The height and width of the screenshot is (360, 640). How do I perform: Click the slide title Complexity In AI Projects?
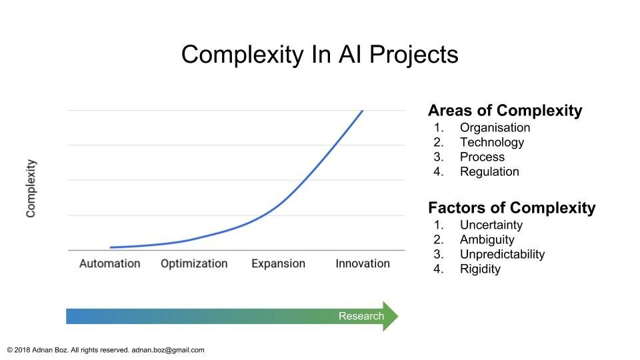319,55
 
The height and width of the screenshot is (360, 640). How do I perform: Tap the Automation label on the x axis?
110,264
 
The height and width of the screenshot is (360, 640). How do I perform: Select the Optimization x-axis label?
194,264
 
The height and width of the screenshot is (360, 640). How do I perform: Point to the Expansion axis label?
279,264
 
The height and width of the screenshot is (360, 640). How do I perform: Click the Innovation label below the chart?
363,264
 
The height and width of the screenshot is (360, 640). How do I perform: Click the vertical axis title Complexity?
31,188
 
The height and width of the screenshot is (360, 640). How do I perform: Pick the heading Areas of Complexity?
505,111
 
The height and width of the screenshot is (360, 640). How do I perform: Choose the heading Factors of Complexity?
512,208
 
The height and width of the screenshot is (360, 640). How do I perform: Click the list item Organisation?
495,128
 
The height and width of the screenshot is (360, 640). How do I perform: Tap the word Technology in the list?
492,143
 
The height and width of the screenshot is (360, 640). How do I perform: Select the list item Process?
482,157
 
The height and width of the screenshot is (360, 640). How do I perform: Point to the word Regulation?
489,172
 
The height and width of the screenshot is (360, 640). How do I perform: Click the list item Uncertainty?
491,225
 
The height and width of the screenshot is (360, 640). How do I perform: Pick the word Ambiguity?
487,240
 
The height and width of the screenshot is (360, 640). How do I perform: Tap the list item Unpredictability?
502,255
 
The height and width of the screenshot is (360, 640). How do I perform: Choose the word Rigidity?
480,269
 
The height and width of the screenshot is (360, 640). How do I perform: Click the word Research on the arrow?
361,316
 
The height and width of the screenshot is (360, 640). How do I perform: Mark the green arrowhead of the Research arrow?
390,316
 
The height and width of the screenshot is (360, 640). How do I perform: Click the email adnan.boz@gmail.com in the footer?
168,350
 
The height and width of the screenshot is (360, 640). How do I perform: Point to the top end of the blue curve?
362,111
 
